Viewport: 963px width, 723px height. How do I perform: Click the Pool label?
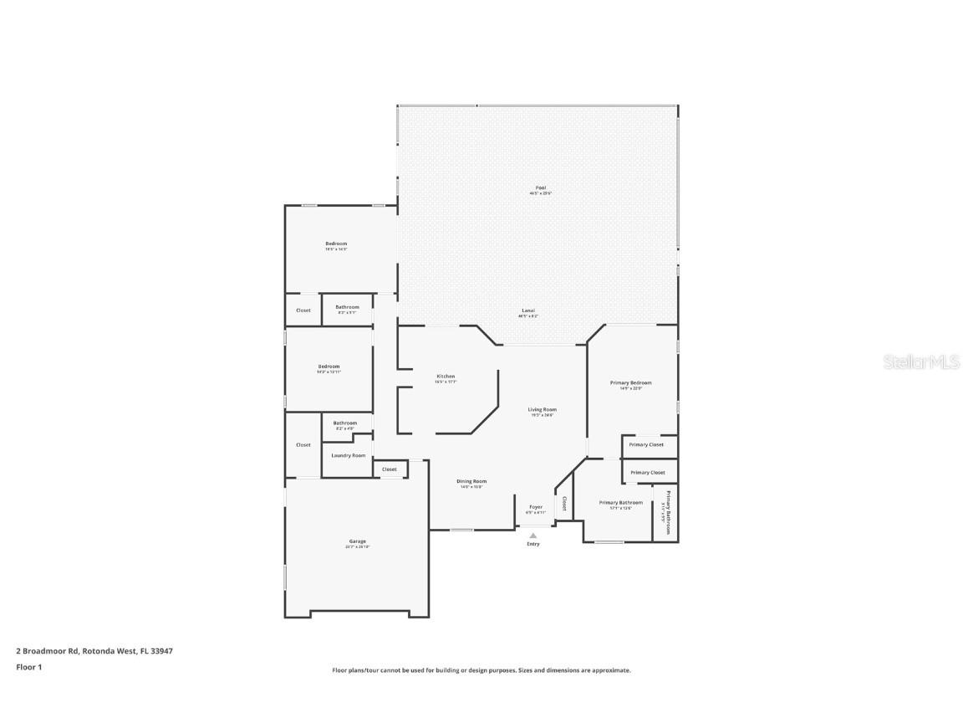(x=540, y=187)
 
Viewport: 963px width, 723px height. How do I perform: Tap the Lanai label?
(x=528, y=310)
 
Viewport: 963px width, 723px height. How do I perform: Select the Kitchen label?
(x=446, y=377)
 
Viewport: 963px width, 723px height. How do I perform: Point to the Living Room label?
(x=542, y=410)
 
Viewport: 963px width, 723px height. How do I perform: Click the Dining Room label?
(x=471, y=481)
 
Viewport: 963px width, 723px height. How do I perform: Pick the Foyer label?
(x=535, y=507)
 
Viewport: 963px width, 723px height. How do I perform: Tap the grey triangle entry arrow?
(x=533, y=535)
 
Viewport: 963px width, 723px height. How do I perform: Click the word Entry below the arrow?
(x=533, y=544)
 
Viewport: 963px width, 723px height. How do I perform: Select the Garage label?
(x=357, y=541)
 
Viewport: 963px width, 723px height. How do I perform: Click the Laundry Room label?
(x=348, y=455)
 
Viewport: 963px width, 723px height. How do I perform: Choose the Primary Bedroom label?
(x=630, y=382)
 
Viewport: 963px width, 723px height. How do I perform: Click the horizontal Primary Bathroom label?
(x=621, y=502)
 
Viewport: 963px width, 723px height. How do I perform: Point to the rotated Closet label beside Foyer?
(x=564, y=503)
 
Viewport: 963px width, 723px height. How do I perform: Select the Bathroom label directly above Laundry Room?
(x=344, y=423)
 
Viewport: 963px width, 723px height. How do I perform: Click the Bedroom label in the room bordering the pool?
(x=336, y=244)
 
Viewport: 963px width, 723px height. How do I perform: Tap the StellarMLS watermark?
(x=916, y=362)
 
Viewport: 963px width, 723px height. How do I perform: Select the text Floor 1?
(x=28, y=667)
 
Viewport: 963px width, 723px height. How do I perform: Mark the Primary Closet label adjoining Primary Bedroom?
(x=646, y=444)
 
